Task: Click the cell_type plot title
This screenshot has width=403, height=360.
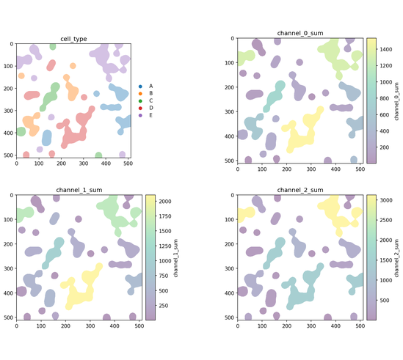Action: click(x=73, y=39)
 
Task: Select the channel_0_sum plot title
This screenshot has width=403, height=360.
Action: click(x=300, y=33)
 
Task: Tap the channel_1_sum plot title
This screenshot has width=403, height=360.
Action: click(x=79, y=190)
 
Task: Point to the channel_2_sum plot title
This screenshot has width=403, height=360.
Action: click(x=300, y=190)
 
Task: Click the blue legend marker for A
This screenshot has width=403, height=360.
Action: click(x=140, y=87)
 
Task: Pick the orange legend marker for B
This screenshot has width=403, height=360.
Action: click(x=140, y=93)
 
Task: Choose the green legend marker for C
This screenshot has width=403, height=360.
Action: click(x=140, y=101)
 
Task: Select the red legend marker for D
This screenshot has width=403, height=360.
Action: click(x=140, y=108)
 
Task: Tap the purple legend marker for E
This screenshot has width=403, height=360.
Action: click(x=140, y=115)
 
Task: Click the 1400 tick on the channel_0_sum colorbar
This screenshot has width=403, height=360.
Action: click(x=386, y=49)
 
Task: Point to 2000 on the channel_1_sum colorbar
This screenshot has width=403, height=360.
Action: click(x=164, y=202)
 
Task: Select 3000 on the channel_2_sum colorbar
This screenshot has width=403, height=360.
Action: click(x=386, y=200)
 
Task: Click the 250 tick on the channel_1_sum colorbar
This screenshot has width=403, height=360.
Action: click(x=164, y=306)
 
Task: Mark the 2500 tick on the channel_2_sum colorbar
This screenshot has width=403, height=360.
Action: click(x=386, y=220)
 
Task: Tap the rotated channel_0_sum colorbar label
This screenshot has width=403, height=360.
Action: click(x=396, y=101)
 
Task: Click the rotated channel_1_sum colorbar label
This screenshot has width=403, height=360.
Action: click(x=175, y=258)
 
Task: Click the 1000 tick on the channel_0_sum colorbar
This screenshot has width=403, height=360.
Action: click(x=386, y=82)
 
